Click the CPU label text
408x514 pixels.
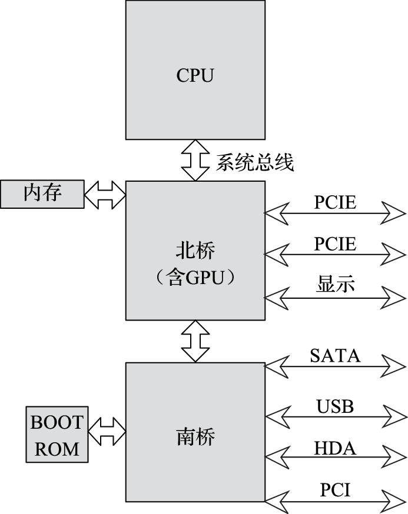[x=195, y=75]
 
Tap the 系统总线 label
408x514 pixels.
[x=254, y=162]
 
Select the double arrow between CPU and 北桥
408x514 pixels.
[x=195, y=160]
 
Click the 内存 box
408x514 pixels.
[x=42, y=193]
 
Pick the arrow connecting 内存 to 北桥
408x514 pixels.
[x=105, y=193]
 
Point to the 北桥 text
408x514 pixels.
[x=195, y=251]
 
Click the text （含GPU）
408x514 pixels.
[x=195, y=278]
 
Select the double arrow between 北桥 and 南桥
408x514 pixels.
[x=195, y=341]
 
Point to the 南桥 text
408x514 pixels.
[x=195, y=437]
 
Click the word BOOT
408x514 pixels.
[x=57, y=422]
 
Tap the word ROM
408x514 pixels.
[x=57, y=449]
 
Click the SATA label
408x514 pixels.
[x=335, y=355]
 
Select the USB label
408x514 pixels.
[x=335, y=406]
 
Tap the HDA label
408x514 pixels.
[x=335, y=449]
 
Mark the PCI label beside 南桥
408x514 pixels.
[x=335, y=489]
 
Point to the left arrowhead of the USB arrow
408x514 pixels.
[x=278, y=417]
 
